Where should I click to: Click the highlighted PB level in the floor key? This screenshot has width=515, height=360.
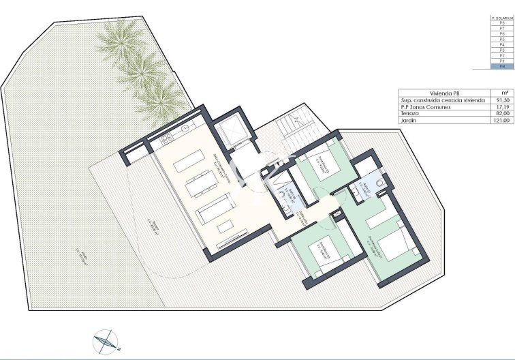pyautogui.click(x=502, y=67)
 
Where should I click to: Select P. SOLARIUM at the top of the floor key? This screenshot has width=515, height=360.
pyautogui.click(x=502, y=17)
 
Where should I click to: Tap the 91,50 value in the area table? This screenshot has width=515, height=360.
pyautogui.click(x=502, y=100)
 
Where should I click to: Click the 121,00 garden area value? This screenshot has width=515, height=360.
pyautogui.click(x=502, y=120)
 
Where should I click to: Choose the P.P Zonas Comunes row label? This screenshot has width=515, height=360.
pyautogui.click(x=422, y=107)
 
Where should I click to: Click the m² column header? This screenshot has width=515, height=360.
pyautogui.click(x=502, y=93)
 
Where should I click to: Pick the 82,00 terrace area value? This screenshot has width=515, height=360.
pyautogui.click(x=502, y=113)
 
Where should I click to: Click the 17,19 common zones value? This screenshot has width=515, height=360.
pyautogui.click(x=502, y=107)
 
